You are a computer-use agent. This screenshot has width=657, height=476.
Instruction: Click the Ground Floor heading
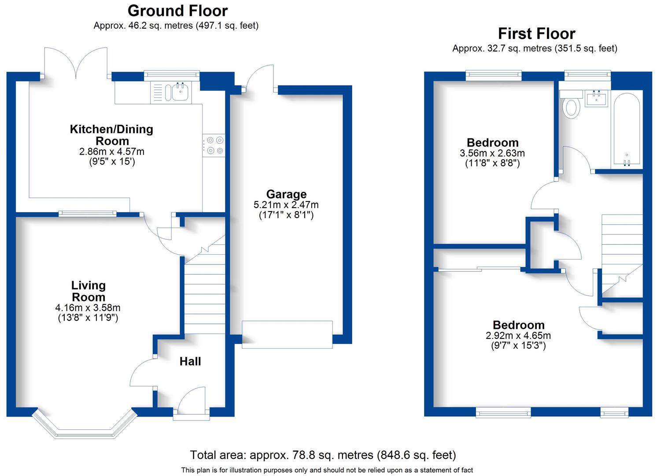click(x=177, y=11)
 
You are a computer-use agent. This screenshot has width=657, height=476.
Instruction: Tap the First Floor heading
click(x=536, y=33)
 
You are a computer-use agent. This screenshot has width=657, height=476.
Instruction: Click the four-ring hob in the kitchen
click(x=214, y=145)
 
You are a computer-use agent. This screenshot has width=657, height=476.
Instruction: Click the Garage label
click(x=286, y=194)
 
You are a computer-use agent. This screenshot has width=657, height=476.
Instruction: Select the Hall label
click(x=190, y=361)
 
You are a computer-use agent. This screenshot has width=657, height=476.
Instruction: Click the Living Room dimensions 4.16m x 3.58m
click(x=89, y=308)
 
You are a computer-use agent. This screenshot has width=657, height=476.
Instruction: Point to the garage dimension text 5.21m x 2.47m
click(x=286, y=205)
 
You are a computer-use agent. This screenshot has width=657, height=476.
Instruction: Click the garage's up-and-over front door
click(x=287, y=335)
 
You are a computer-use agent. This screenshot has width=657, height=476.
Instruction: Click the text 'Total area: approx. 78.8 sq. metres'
click(x=282, y=455)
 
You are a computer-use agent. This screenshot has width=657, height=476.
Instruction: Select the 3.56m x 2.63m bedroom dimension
click(x=492, y=153)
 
